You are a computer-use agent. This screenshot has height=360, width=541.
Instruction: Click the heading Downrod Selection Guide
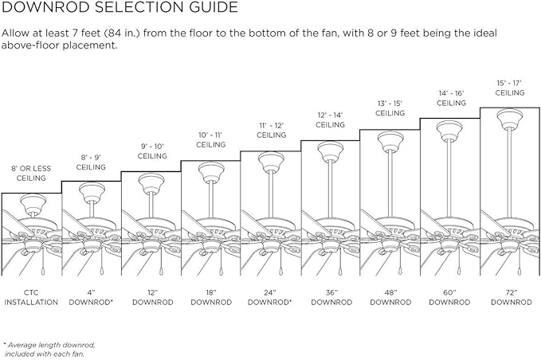(120, 7)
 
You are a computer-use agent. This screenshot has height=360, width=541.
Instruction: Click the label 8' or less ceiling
(31, 173)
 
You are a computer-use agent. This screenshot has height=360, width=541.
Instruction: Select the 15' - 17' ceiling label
(510, 88)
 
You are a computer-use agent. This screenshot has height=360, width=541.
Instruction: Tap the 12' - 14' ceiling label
(330, 119)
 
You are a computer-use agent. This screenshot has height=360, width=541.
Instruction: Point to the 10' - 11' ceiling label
(211, 139)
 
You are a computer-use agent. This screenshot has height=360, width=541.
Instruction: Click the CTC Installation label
(31, 298)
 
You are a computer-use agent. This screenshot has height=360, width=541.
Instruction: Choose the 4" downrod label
(91, 298)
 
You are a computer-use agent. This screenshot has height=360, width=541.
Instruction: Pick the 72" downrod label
(512, 298)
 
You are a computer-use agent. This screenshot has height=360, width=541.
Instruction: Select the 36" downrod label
(331, 298)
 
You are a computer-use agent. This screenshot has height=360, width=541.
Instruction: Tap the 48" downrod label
(390, 298)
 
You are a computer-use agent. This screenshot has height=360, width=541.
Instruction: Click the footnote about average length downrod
(49, 350)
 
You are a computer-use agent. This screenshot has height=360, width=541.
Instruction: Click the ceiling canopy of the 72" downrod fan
(510, 119)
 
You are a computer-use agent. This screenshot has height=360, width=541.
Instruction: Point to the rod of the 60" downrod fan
(449, 178)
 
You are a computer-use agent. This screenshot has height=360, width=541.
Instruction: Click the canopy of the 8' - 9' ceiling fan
(92, 192)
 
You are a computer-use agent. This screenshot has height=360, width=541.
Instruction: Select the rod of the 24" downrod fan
(271, 194)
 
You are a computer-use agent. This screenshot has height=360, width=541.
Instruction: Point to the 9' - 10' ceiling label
(152, 151)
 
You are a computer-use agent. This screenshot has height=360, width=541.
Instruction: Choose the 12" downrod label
(153, 298)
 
